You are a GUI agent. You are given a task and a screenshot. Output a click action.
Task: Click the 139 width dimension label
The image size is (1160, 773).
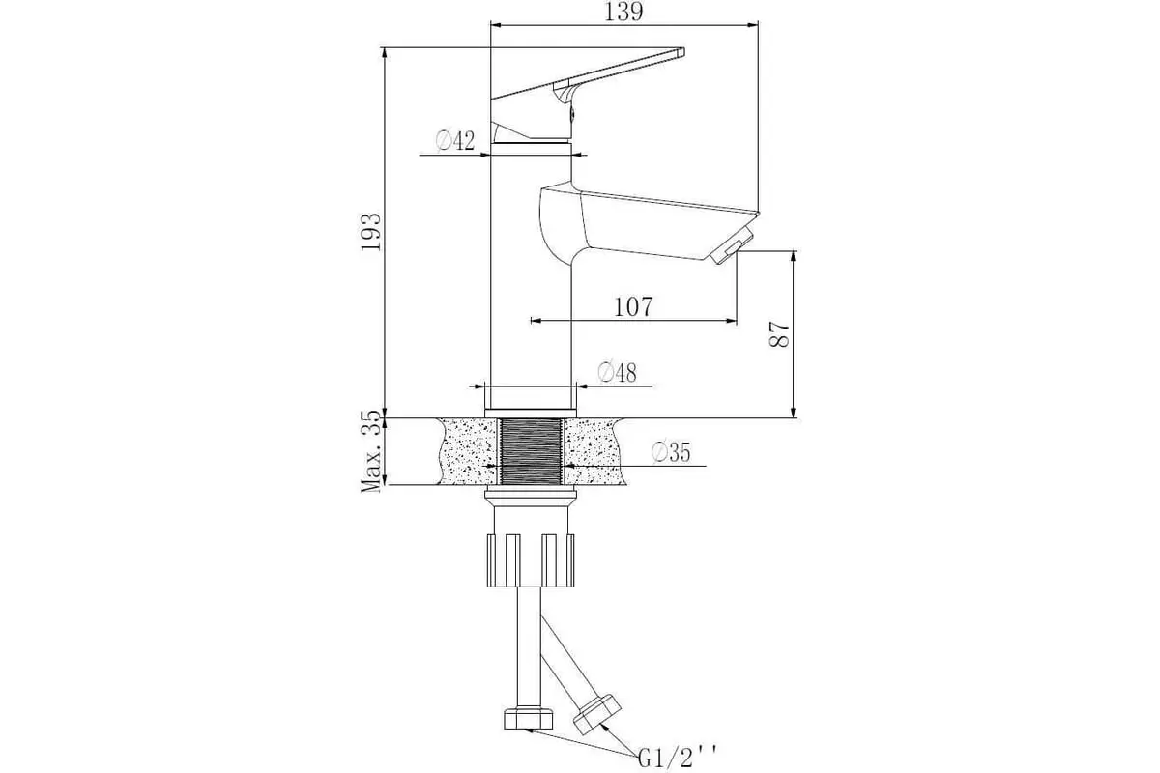point(624,12)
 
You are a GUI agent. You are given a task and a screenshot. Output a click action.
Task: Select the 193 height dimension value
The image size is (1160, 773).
point(371,232)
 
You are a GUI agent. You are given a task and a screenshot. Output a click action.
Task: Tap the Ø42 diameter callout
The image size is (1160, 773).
point(455,141)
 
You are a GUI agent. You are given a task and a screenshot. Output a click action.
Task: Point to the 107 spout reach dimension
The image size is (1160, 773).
point(633,307)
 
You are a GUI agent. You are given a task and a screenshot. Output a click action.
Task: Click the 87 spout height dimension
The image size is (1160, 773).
point(779,334)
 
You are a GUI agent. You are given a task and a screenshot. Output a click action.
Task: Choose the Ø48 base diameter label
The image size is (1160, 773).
point(618,372)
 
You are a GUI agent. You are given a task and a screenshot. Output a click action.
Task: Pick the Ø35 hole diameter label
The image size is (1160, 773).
point(671,452)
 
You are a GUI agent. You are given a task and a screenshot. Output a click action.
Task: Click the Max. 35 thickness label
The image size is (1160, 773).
point(371,451)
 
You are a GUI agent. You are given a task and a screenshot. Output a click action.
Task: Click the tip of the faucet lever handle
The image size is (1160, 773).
point(682,52)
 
